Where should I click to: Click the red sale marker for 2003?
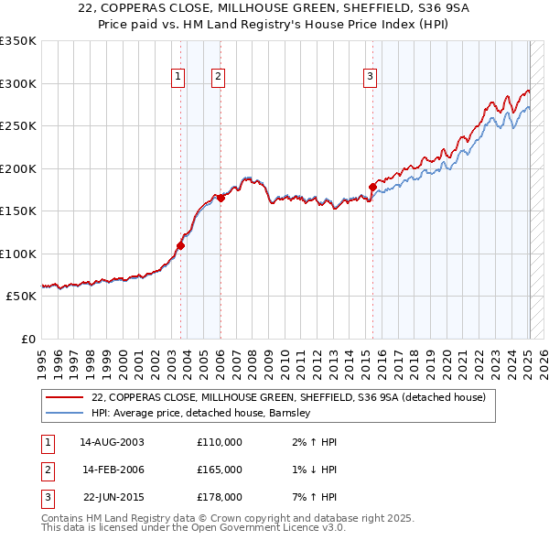coord(180,245)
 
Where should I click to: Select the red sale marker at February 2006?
coord(221,198)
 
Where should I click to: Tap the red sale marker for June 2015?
coord(372,187)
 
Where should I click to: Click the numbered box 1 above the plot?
coord(178,77)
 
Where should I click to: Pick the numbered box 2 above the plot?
coord(218,77)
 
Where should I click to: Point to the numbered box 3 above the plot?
coord(370,77)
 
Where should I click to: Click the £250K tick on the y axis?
coord(18,126)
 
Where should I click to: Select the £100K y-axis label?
coord(18,254)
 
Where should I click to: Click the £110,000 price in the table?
coord(220,442)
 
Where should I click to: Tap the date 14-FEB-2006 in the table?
coord(113,470)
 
